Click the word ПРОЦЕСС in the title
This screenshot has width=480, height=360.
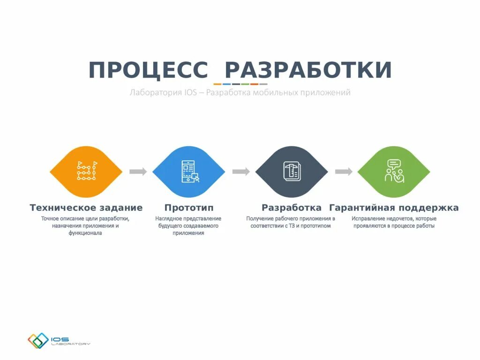pyautogui.click(x=148, y=70)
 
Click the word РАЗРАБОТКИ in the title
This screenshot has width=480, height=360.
pyautogui.click(x=308, y=70)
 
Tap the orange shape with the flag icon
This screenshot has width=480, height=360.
pyautogui.click(x=86, y=172)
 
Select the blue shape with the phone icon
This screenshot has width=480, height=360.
pyautogui.click(x=189, y=172)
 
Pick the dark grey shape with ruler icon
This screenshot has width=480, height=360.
pyautogui.click(x=292, y=172)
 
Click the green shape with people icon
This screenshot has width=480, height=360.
pyautogui.click(x=394, y=172)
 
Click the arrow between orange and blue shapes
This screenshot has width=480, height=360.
pyautogui.click(x=138, y=172)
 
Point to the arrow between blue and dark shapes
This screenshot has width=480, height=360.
pyautogui.click(x=240, y=172)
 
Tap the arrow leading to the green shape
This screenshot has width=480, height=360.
pyautogui.click(x=343, y=172)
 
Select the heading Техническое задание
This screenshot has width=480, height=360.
pyautogui.click(x=86, y=208)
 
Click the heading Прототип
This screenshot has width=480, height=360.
pyautogui.click(x=186, y=208)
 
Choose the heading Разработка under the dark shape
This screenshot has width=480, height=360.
pyautogui.click(x=292, y=208)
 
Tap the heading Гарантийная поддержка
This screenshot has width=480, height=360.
pyautogui.click(x=394, y=208)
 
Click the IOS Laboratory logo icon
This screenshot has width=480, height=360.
pyautogui.click(x=38, y=341)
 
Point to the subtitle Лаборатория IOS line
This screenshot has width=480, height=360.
pyautogui.click(x=240, y=93)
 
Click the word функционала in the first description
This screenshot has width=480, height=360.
pyautogui.click(x=85, y=233)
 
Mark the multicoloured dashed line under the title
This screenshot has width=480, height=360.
pyautogui.click(x=240, y=84)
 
